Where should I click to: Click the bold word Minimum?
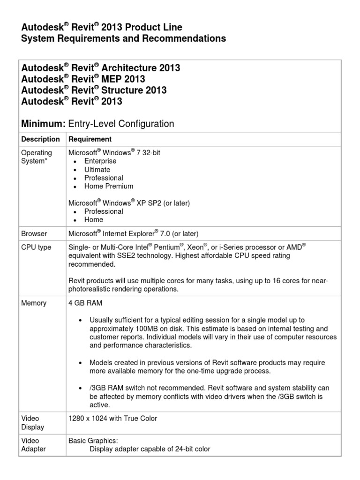pos(43,124)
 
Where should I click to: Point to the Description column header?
pos(41,139)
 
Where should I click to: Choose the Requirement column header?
pos(90,139)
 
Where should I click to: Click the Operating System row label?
pos(37,157)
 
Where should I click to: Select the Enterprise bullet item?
pos(100,161)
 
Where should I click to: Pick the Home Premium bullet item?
pos(109,186)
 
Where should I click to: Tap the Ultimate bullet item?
pos(97,170)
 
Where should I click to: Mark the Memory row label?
pos(34,303)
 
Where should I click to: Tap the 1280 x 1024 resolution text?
pos(113,418)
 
